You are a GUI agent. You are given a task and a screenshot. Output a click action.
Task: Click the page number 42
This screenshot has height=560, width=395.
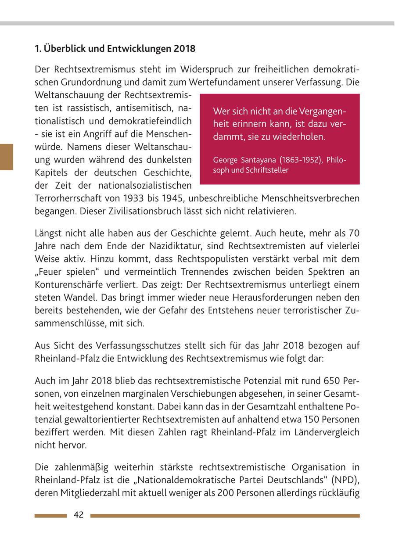[x=79, y=515]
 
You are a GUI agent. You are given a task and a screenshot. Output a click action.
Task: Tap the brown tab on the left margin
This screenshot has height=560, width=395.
[x=7, y=157]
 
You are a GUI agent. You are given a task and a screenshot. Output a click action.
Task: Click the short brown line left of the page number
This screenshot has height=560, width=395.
[x=50, y=516]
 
